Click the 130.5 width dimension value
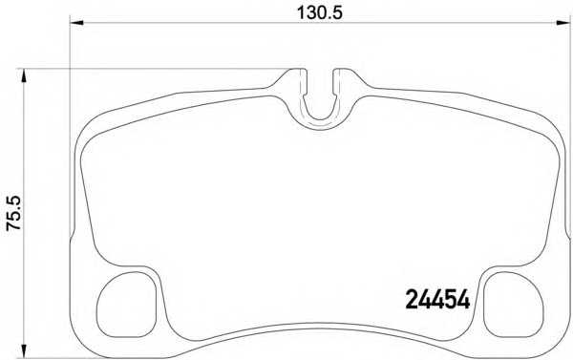(x=319, y=13)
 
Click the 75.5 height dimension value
(x=14, y=213)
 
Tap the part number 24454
(x=437, y=300)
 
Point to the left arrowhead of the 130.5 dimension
(x=76, y=23)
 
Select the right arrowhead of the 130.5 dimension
(x=563, y=23)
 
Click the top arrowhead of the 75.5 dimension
(x=24, y=75)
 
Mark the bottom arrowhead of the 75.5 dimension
(x=24, y=351)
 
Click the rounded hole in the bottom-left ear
(x=126, y=305)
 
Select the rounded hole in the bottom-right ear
(x=514, y=305)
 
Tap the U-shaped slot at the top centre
(x=320, y=119)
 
